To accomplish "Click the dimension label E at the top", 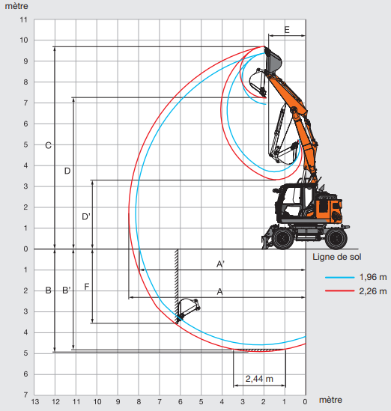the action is [x=287, y=30].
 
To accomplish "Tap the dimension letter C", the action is [x=48, y=145].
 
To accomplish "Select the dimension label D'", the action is [x=86, y=217].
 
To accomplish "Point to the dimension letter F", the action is [x=87, y=287].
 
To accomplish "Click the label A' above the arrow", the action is [x=220, y=264].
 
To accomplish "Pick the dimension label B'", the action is [x=67, y=290].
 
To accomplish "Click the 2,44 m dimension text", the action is [x=259, y=379].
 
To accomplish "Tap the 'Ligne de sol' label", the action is [x=337, y=257].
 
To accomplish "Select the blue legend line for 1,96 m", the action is [x=339, y=277].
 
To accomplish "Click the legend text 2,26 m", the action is [x=372, y=291].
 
